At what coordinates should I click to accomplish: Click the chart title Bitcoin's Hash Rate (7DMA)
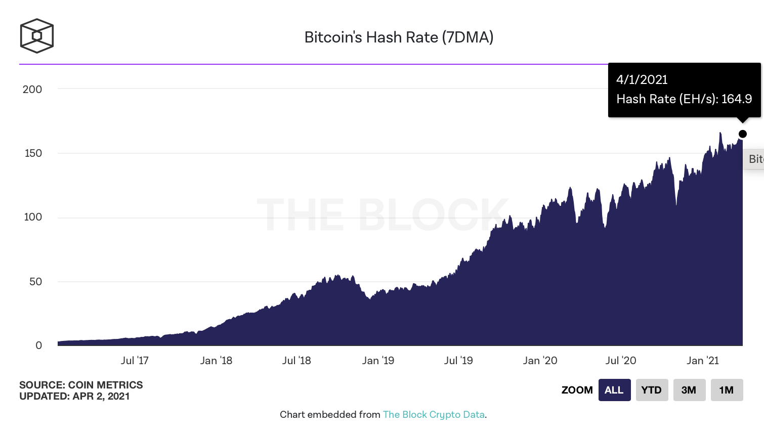coord(399,37)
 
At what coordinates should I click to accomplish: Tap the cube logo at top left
coord(36,36)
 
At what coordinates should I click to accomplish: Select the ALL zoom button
coord(614,390)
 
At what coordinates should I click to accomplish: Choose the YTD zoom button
coord(652,390)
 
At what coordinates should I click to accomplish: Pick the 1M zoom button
coord(727,390)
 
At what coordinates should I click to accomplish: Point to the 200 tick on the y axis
coord(32,90)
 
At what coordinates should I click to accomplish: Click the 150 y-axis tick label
coord(33,153)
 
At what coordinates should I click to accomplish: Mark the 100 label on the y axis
coord(33,217)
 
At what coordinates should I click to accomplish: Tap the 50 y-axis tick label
coord(35,282)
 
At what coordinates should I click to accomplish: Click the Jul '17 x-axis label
coord(135,361)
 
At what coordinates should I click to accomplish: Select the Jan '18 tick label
coord(216,361)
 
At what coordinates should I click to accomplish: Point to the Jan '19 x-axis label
coord(378,361)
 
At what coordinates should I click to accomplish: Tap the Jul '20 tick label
coord(621,361)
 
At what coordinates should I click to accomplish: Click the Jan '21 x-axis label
coord(703,361)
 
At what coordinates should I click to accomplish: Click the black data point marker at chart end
coord(743,134)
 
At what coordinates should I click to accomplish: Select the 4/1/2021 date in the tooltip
coord(642,80)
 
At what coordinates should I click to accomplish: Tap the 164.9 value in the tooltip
coord(737,99)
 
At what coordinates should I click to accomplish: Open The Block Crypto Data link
coord(434,415)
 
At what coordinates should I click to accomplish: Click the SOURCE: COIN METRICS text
coord(81,385)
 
